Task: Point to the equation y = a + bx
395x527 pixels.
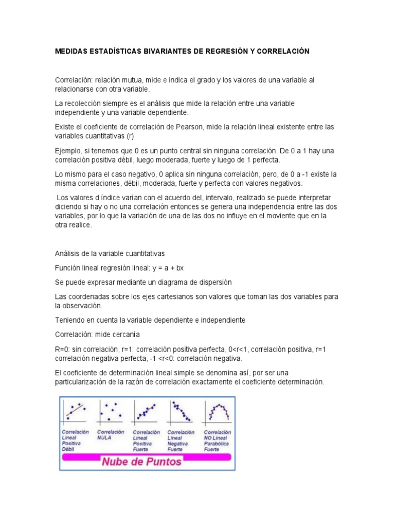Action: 166,268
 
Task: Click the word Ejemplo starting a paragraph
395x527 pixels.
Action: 68,150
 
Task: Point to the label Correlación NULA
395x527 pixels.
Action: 111,435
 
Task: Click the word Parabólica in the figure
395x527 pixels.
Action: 216,444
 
